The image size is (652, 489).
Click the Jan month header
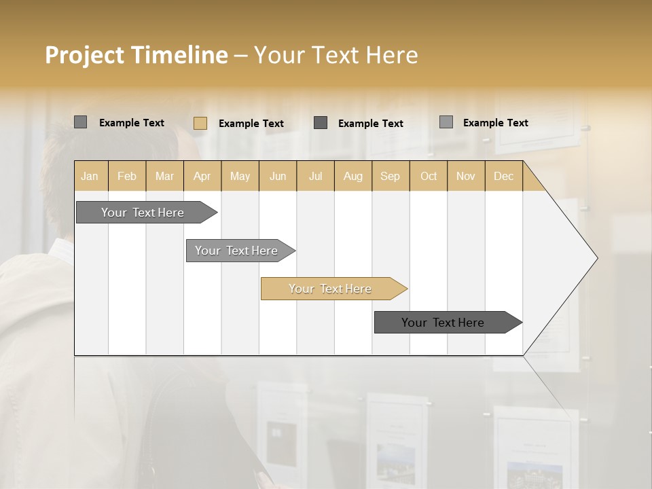coord(90,176)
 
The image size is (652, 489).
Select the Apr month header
coord(202,176)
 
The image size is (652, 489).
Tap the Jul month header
coord(315,176)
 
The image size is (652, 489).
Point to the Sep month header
coord(390,176)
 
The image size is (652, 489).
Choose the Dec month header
coord(503,176)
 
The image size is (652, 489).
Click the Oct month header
coord(429,176)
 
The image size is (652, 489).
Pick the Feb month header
coord(127,176)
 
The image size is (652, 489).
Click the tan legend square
coord(200,123)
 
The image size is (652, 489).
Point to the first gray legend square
coord(80,122)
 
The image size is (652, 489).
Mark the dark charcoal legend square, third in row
coord(321,122)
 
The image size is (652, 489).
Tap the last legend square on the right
coord(446,122)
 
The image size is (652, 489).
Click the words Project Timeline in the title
coord(136,55)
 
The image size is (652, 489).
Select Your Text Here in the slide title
coord(336,55)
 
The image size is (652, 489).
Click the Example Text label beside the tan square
coord(251,124)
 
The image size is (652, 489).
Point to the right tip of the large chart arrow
coord(596,258)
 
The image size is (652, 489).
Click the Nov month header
coord(466,176)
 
